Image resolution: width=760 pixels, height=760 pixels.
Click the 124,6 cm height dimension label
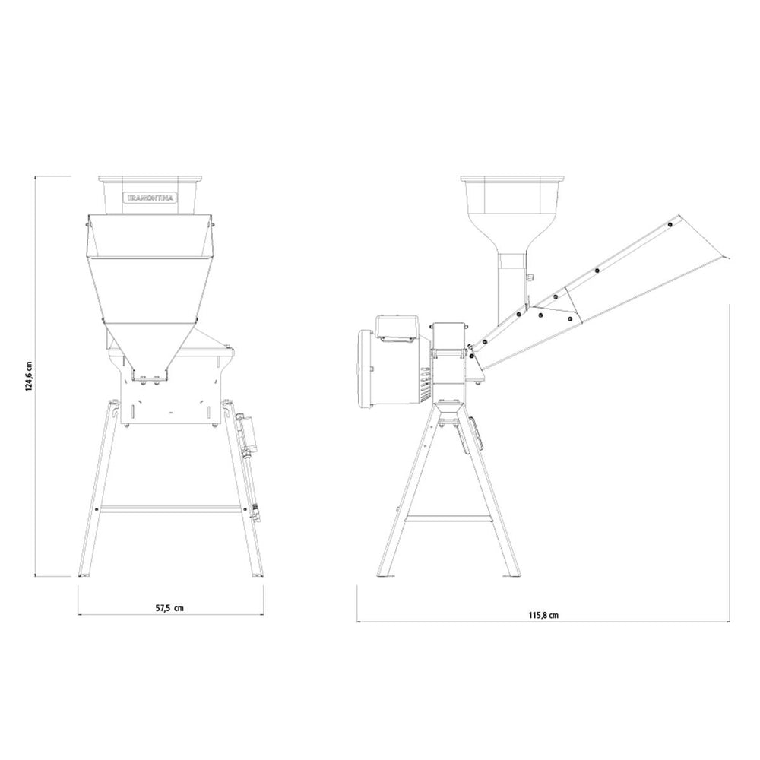point(29,375)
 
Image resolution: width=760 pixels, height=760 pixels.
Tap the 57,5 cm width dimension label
point(169,608)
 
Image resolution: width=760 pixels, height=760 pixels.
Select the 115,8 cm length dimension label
point(543,615)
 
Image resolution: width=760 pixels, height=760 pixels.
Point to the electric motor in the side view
point(394,366)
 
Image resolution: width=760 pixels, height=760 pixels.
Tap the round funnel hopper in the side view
point(512,214)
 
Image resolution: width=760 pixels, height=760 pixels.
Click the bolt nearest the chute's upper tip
point(670,224)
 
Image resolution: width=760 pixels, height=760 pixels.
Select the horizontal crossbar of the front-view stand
point(170,509)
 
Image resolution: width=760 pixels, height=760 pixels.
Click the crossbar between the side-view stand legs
point(448,519)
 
